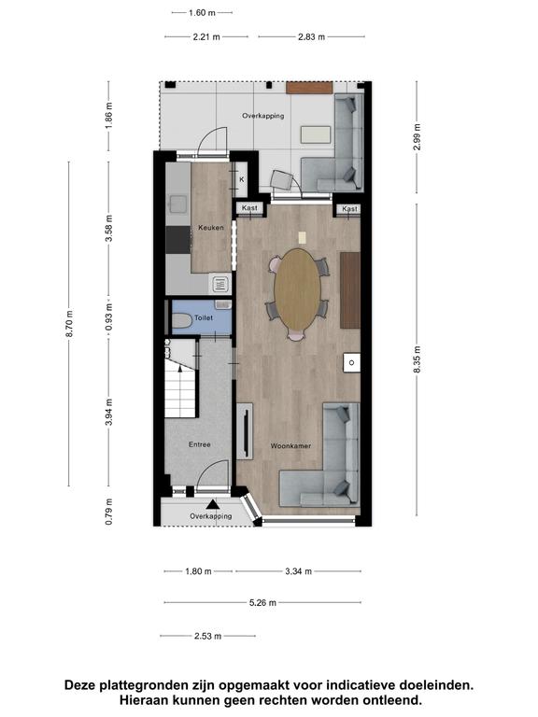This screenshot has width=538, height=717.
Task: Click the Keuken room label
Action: pyautogui.click(x=211, y=227)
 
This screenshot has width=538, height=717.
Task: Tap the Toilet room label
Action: pyautogui.click(x=204, y=317)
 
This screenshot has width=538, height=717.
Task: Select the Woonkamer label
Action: pyautogui.click(x=291, y=445)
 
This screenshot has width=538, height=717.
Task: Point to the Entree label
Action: pyautogui.click(x=200, y=444)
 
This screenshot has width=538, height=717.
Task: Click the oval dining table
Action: pyautogui.click(x=297, y=289)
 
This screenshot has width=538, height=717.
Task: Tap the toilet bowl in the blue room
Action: pyautogui.click(x=181, y=320)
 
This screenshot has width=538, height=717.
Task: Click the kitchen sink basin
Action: pyautogui.click(x=178, y=204)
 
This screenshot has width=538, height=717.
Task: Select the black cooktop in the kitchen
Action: pyautogui.click(x=178, y=240)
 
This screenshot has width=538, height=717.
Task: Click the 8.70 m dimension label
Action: pyautogui.click(x=69, y=324)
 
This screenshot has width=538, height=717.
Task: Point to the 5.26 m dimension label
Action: pyautogui.click(x=262, y=603)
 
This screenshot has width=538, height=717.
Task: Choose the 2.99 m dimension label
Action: pyautogui.click(x=417, y=136)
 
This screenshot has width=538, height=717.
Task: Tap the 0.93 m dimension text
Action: pyautogui.click(x=108, y=317)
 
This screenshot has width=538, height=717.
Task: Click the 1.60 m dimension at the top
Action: pyautogui.click(x=202, y=13)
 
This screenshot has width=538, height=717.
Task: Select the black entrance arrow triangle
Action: pyautogui.click(x=212, y=504)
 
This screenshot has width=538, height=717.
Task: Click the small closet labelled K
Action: pyautogui.click(x=241, y=179)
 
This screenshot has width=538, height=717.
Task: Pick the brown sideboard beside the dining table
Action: pyautogui.click(x=350, y=290)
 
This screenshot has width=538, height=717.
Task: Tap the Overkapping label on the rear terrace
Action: pyautogui.click(x=263, y=116)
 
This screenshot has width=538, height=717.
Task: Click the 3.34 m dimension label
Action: pyautogui.click(x=298, y=571)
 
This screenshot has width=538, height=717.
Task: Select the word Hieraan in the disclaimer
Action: pyautogui.click(x=139, y=699)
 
